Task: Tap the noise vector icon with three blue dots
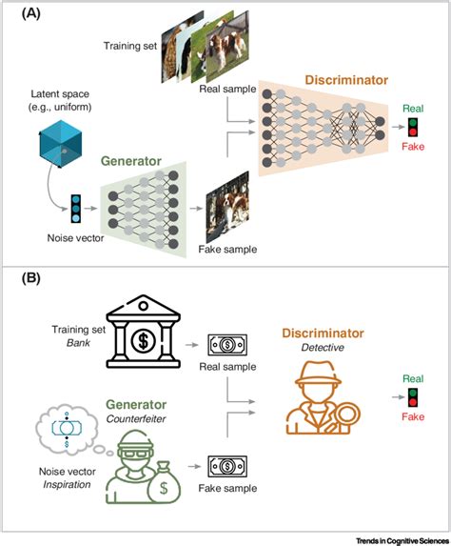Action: coord(76,209)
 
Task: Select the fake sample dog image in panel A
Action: coord(227,207)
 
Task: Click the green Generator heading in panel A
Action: coord(131,161)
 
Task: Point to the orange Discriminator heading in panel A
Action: coord(346,80)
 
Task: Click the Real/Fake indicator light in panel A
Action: coord(413,128)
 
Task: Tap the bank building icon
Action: coord(143,332)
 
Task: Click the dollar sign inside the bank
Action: coord(143,340)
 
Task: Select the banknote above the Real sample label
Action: coord(227,345)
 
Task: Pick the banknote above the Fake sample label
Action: coord(227,466)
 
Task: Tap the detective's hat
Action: coord(318,374)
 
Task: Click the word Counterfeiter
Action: coord(136,418)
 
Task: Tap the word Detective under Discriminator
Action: coord(323,348)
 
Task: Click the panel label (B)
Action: coord(31,278)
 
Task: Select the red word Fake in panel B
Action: coord(413,416)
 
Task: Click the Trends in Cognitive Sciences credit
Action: coord(402,540)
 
